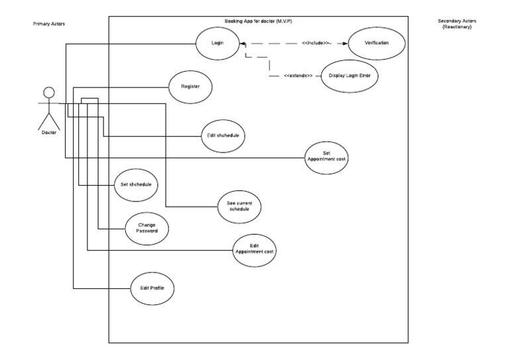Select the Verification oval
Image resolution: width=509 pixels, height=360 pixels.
pos(376,42)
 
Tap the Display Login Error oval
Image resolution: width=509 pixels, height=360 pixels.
pos(348,76)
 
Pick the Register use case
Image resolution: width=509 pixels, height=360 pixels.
pos(191,86)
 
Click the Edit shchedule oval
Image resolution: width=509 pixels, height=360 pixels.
pos(222,136)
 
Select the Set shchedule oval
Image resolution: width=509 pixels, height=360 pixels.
pos(135,185)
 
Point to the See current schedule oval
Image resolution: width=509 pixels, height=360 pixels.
pos(239,206)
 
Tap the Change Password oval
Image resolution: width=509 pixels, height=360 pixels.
pos(146,229)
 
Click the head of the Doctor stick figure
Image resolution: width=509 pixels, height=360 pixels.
pos(48,91)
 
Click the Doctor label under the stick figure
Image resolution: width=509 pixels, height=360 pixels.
pos(48,132)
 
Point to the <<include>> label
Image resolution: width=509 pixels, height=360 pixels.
pos(316,42)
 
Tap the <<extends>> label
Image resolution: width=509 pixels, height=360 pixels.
pos(298,76)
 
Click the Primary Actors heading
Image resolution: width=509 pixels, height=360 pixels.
pos(49,24)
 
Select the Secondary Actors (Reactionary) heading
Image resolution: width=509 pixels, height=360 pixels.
pos(457,24)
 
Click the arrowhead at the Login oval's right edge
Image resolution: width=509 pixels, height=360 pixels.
pos(243,44)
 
